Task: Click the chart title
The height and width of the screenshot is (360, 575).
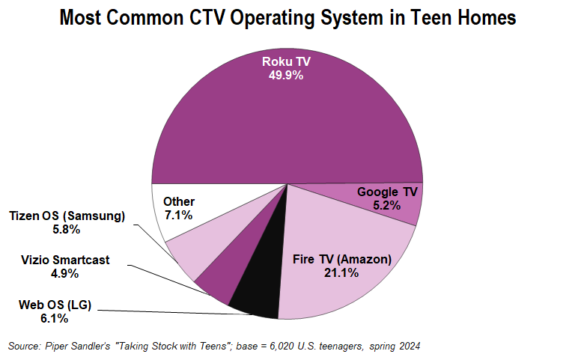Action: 287,18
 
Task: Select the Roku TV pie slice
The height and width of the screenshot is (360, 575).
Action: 285,120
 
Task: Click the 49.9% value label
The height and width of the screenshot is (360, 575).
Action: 286,76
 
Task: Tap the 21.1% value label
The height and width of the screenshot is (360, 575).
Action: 341,273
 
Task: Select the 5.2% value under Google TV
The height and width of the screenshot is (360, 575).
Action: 387,206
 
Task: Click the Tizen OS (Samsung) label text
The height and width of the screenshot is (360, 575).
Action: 67,216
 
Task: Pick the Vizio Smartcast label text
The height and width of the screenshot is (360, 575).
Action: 65,260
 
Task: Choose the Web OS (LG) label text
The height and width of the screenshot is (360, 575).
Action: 54,304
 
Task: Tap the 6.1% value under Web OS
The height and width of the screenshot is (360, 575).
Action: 54,318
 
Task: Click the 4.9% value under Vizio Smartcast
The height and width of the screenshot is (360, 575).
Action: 65,274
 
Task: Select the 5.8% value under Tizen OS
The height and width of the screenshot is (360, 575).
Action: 67,231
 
